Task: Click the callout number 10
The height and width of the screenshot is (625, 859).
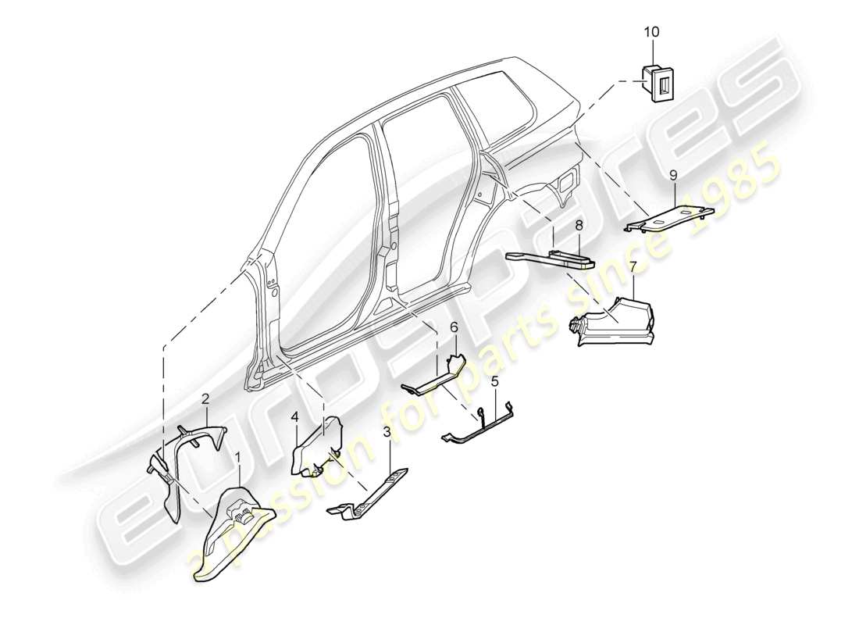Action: tap(650, 32)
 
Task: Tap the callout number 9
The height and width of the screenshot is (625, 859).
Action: tap(672, 177)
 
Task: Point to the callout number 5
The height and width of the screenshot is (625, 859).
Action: tap(494, 382)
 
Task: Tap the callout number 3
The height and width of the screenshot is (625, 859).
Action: tap(387, 433)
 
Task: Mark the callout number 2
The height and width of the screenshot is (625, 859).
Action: tap(205, 399)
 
